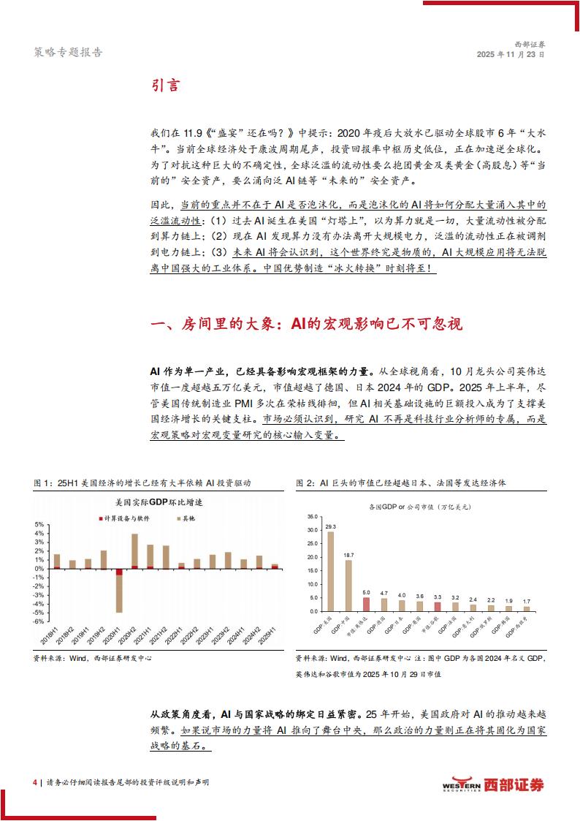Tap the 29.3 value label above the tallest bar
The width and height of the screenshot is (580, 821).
pos(331,526)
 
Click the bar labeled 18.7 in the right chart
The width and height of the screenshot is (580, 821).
pos(348,585)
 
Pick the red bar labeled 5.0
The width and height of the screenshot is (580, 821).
pos(366,604)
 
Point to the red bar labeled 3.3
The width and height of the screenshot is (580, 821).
pos(438,606)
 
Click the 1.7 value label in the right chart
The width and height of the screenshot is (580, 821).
pos(527,600)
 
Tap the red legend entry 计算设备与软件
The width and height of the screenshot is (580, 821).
pos(126,518)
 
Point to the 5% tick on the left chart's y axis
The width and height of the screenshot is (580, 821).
pos(40,524)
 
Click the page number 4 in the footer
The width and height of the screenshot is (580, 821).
pos(34,783)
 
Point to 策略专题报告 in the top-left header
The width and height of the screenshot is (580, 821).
pos(68,52)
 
